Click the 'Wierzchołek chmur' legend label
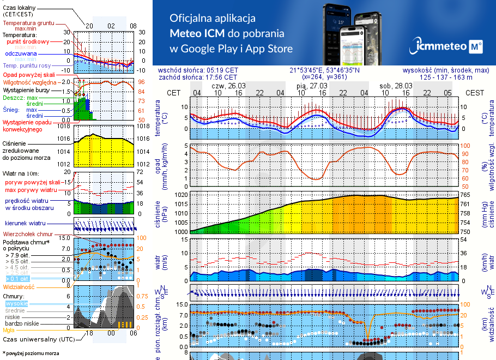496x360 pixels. point(27,233)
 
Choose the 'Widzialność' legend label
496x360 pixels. point(19,286)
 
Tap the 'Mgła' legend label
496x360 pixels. point(9,330)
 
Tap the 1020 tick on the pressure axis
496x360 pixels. point(181,194)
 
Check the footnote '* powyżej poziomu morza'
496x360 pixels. point(31,353)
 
